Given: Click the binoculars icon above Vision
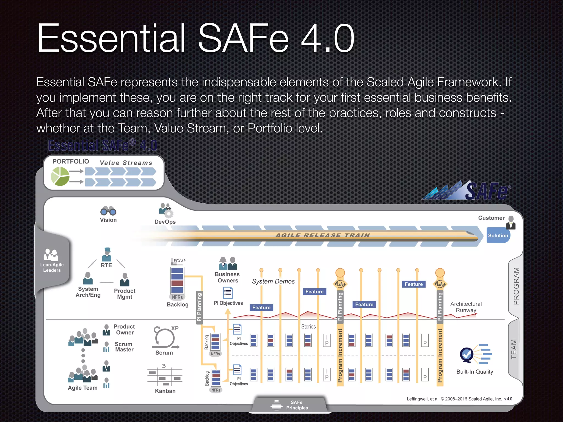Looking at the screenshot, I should [108, 211].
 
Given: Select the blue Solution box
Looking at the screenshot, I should [498, 235].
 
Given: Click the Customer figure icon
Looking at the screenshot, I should [511, 223].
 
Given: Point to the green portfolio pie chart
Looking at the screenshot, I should [60, 176].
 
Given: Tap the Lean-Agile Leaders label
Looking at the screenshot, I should [52, 267].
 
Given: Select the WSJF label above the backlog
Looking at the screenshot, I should [180, 260].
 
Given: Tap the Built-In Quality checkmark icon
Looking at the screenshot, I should [467, 354].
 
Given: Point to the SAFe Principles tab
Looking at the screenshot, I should [290, 405].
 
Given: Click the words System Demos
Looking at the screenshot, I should [273, 281].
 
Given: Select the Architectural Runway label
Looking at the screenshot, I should [466, 307].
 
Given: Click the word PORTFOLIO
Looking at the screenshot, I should [71, 162].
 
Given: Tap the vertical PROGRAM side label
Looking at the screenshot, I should [516, 286].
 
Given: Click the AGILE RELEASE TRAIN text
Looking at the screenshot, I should [323, 235].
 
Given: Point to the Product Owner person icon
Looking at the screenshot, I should [106, 329].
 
